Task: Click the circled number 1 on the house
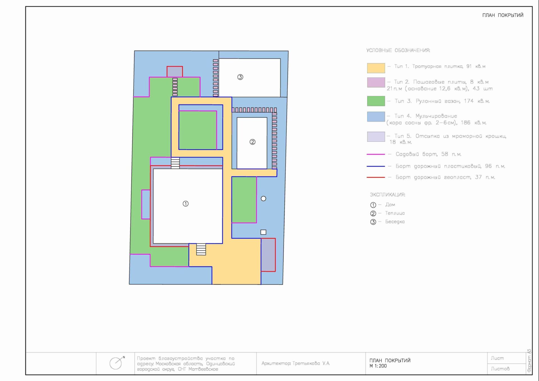[x=186, y=204]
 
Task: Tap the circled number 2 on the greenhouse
[x=252, y=142]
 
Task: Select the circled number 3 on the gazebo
[x=240, y=77]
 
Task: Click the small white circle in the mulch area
[x=263, y=199]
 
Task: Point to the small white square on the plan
[x=263, y=232]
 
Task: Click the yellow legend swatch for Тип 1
[x=376, y=68]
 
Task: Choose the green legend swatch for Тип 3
[x=376, y=101]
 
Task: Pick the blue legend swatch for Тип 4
[x=376, y=117]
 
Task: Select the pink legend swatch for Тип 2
[x=376, y=82]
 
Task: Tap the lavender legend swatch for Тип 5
[x=376, y=137]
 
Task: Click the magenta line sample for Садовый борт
[x=376, y=154]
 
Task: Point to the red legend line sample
[x=376, y=177]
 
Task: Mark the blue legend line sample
[x=376, y=166]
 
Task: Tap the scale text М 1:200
[x=378, y=366]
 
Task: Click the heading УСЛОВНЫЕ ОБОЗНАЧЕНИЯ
[x=398, y=50]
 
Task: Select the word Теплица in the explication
[x=395, y=213]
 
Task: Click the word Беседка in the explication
[x=395, y=222]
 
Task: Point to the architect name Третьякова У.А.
[x=311, y=363]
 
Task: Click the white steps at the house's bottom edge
[x=201, y=249]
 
